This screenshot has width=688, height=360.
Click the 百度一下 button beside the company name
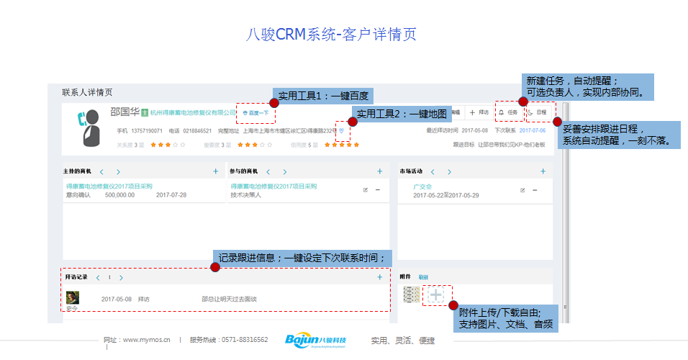pos(257,113)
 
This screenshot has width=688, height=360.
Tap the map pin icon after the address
pos(342,131)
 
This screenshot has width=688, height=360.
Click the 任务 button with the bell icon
pos(510,112)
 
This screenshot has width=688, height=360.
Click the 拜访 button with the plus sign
pos(479,112)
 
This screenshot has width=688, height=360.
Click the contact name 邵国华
pos(125,112)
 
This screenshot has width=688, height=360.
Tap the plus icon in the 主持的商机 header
pos(215,171)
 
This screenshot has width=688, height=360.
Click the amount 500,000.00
pos(120,195)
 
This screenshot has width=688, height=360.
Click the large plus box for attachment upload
pos(436,294)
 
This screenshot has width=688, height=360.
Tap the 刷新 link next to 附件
pos(423,277)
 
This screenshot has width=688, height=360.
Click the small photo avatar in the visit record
pos(72,297)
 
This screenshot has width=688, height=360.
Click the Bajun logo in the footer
pos(315,340)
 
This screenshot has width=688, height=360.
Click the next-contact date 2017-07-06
pos(533,131)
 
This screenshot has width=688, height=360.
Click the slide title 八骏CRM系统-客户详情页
pos(332,35)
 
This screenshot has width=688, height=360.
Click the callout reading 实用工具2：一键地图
pos(402,114)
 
